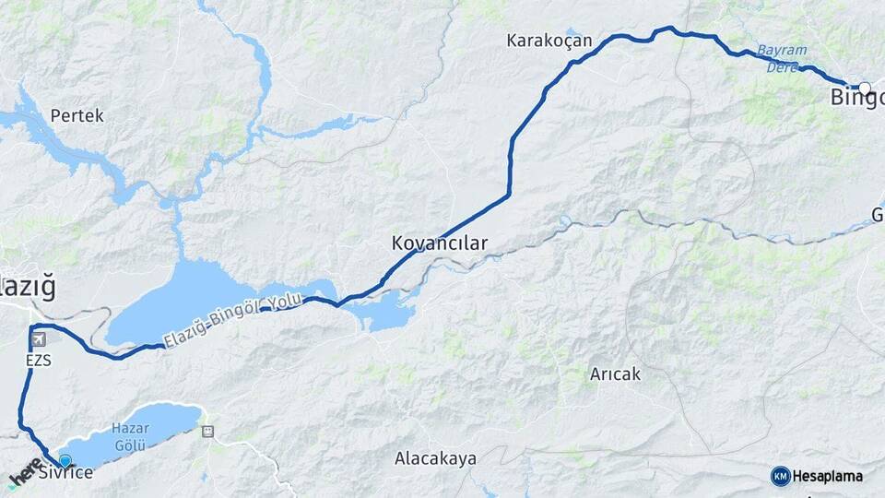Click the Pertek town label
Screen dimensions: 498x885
tap(77, 116)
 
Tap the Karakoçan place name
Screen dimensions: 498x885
tap(549, 41)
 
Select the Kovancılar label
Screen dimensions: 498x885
tap(439, 243)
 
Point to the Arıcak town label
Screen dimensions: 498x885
tap(615, 374)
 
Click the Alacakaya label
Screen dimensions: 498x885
tap(435, 458)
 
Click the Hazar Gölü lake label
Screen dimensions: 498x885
tap(130, 434)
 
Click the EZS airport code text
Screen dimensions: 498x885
tap(38, 361)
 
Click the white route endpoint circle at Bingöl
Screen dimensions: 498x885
tap(864, 89)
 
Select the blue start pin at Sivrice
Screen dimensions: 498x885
tap(65, 460)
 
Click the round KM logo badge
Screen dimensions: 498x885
tap(780, 476)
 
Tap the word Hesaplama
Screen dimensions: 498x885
tap(827, 477)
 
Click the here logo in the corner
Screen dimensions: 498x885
tap(26, 474)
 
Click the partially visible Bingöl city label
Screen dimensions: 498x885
tap(857, 99)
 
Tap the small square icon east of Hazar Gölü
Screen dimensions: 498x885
tap(207, 431)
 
